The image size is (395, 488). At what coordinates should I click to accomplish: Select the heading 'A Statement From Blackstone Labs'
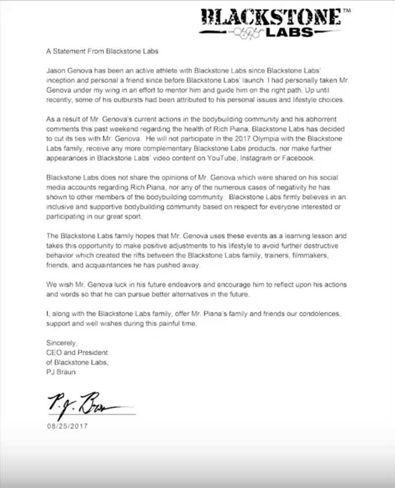pyautogui.click(x=102, y=51)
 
